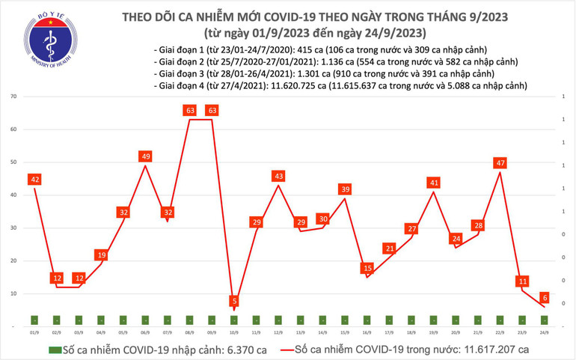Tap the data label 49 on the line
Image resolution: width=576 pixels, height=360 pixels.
pyautogui.click(x=146, y=156)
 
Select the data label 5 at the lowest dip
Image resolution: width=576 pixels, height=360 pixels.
pyautogui.click(x=234, y=301)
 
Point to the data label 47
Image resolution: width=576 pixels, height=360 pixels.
pyautogui.click(x=500, y=162)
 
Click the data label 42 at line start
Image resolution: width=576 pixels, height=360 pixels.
pyautogui.click(x=34, y=179)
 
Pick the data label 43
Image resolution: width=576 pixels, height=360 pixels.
pyautogui.click(x=278, y=176)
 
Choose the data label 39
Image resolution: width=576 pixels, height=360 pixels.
pyautogui.click(x=345, y=189)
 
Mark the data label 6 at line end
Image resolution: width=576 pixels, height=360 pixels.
pyautogui.click(x=545, y=297)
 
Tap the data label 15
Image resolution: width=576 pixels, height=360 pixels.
pyautogui.click(x=367, y=268)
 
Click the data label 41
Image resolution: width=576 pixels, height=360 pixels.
pyautogui.click(x=433, y=183)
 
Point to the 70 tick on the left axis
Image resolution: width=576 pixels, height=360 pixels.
pyautogui.click(x=14, y=97)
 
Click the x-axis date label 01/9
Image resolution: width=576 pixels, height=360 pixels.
pyautogui.click(x=34, y=332)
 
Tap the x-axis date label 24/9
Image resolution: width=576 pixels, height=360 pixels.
pyautogui.click(x=545, y=332)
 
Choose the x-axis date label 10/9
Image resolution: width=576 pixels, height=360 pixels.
pyautogui.click(x=234, y=332)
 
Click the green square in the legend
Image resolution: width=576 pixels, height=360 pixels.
pyautogui.click(x=53, y=350)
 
